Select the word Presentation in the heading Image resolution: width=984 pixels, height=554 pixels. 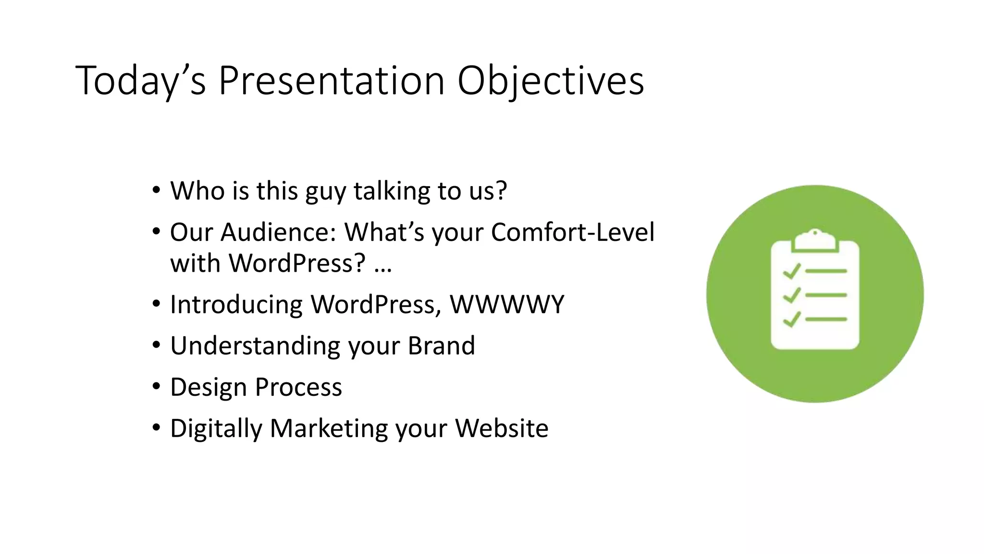click(x=332, y=81)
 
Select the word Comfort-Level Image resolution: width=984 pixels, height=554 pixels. click(x=572, y=232)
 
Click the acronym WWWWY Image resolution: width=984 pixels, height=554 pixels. click(x=506, y=304)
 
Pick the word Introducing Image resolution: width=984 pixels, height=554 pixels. click(x=236, y=304)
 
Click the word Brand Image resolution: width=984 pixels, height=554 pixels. click(x=441, y=346)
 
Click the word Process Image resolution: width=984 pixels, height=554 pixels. click(x=298, y=387)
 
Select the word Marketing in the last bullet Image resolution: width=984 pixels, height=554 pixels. click(x=328, y=428)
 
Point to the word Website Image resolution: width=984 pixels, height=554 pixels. click(x=502, y=428)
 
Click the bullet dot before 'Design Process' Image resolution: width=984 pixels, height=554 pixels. click(x=156, y=387)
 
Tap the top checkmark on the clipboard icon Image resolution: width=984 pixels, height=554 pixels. click(x=791, y=271)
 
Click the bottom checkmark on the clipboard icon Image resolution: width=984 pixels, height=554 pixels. click(x=791, y=319)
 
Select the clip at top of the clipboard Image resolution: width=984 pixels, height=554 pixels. click(x=815, y=239)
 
